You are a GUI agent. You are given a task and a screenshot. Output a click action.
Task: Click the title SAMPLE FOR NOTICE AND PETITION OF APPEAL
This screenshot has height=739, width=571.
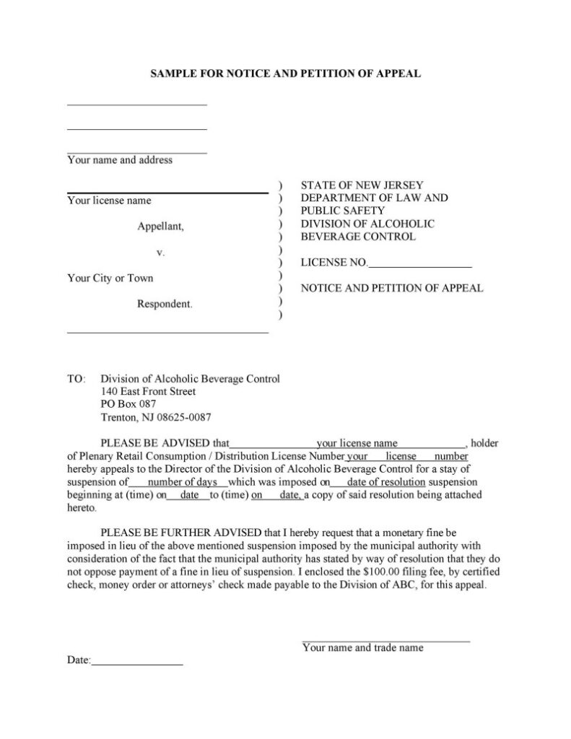[285, 74]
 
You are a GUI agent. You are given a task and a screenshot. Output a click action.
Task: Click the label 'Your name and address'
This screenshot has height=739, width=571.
[120, 160]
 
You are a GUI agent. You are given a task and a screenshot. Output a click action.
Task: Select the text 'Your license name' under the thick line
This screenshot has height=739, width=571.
[109, 201]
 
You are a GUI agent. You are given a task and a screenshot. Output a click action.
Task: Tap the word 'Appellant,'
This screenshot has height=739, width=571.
[161, 227]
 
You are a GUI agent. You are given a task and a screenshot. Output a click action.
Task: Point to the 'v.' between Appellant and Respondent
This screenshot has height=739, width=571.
[161, 253]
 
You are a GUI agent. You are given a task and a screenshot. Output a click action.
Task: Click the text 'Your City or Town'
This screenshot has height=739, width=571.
[110, 278]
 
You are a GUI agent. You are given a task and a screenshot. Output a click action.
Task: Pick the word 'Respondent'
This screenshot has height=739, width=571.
[165, 304]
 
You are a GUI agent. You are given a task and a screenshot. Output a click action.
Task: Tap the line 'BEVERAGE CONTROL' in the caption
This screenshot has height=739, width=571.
[358, 237]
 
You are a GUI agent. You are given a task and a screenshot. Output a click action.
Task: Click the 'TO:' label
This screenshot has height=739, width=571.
[76, 379]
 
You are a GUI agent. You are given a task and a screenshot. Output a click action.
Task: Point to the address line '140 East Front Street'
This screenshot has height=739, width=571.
[148, 392]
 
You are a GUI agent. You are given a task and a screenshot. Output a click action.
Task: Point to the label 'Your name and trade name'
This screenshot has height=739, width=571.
[363, 648]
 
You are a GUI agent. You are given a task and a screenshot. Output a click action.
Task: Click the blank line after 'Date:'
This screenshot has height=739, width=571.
[137, 660]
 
